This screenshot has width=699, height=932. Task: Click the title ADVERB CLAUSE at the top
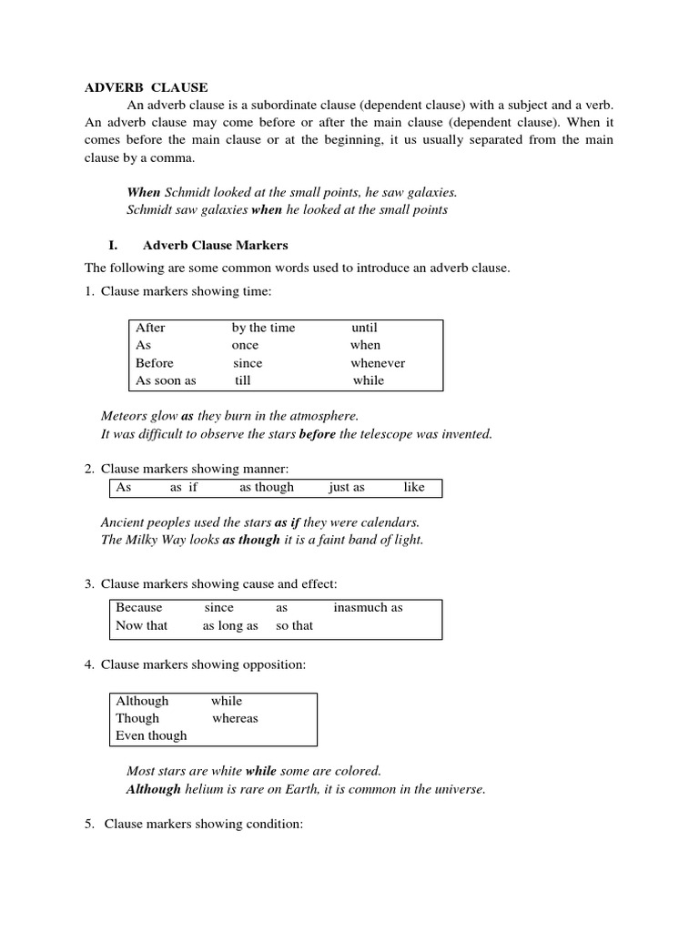click(147, 88)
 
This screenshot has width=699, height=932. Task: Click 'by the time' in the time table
click(263, 328)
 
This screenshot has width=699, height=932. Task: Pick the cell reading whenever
click(378, 363)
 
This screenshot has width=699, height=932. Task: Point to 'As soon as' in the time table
click(166, 380)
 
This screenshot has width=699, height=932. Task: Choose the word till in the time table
click(242, 380)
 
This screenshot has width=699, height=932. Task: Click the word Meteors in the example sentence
click(126, 416)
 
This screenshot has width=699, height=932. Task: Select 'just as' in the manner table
click(347, 487)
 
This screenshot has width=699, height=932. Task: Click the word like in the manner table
click(414, 487)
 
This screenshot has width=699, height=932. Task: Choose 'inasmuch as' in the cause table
click(368, 607)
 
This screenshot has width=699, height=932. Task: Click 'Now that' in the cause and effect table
click(142, 625)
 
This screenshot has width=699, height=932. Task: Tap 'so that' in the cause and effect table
click(294, 625)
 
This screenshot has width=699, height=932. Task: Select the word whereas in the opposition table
click(235, 718)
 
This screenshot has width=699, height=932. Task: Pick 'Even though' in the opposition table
click(151, 735)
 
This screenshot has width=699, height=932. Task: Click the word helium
click(205, 789)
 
